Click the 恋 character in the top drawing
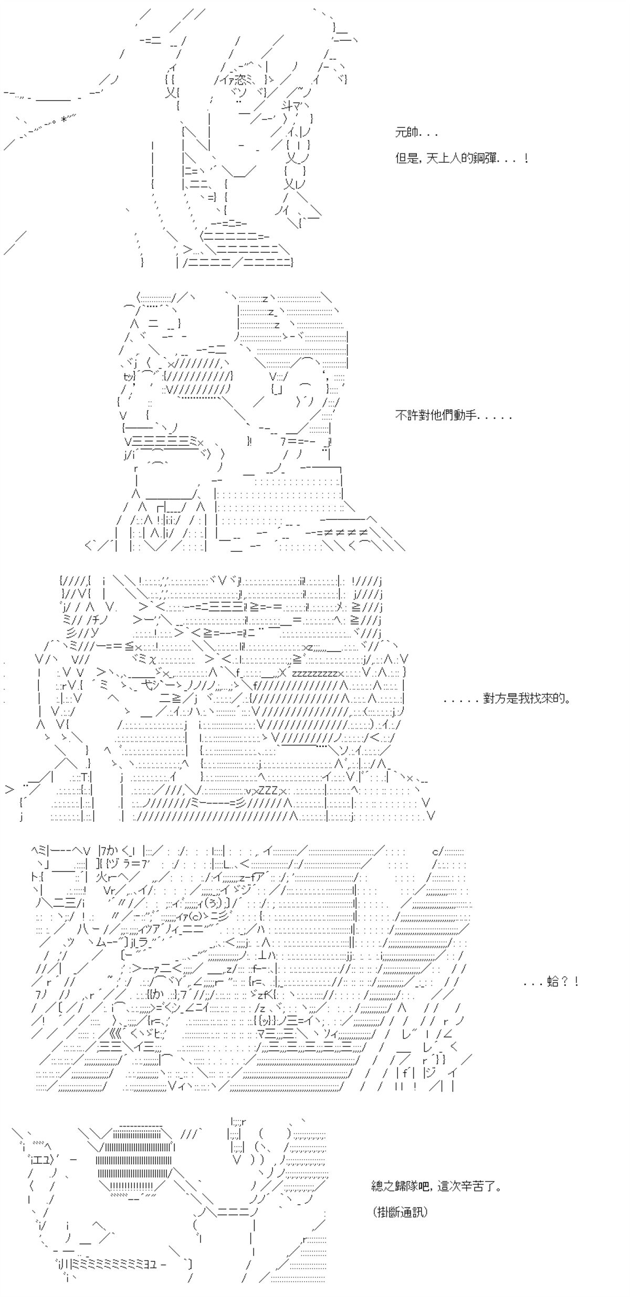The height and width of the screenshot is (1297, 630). click(240, 80)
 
